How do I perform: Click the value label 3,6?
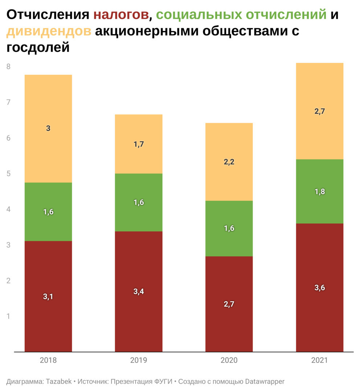[320, 288]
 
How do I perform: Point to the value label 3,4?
[139, 291]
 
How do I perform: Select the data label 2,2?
[229, 162]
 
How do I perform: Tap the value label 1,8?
[320, 191]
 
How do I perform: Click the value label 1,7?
[139, 144]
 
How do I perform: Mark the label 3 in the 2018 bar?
[48, 128]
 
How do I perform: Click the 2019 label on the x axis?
[139, 361]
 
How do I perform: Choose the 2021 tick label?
[320, 361]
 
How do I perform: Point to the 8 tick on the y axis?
[8, 66]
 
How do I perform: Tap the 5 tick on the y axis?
[8, 174]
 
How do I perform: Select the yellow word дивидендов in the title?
[49, 31]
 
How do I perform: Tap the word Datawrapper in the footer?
[265, 381]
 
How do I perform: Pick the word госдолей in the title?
[38, 48]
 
